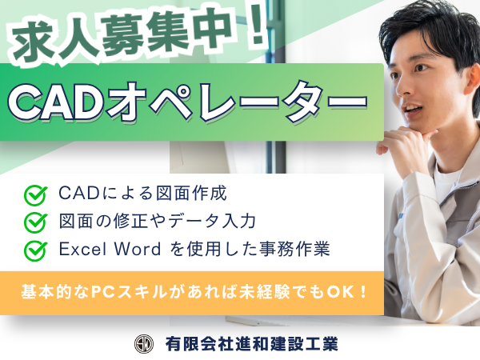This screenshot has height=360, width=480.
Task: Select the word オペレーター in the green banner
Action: click(x=236, y=102)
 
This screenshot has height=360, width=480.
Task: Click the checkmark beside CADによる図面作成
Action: click(x=36, y=195)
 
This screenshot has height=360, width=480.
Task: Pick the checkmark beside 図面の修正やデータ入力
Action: click(x=36, y=222)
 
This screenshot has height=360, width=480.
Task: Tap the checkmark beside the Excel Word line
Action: click(x=36, y=251)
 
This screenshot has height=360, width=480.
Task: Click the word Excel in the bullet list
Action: click(x=82, y=249)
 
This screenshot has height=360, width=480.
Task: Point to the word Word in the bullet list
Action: click(x=137, y=249)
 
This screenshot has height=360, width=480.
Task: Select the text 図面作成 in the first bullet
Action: click(x=192, y=194)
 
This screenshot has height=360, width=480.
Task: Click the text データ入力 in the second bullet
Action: click(x=212, y=221)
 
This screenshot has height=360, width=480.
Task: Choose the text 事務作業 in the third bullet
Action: click(x=294, y=249)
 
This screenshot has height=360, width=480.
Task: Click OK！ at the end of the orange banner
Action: click(x=347, y=292)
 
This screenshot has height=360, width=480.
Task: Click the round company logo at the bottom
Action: click(x=144, y=344)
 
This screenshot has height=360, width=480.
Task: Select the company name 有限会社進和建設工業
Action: click(x=252, y=344)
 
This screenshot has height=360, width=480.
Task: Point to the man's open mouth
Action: click(x=412, y=108)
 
